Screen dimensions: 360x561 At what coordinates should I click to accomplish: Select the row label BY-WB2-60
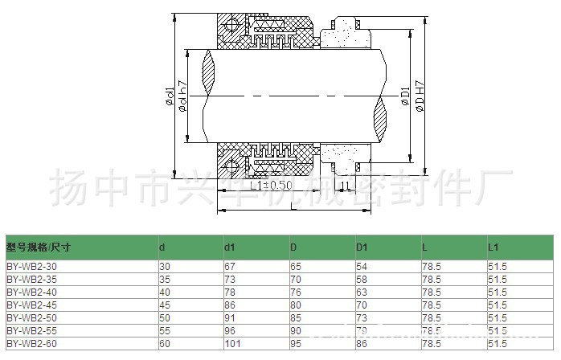[x=31, y=343]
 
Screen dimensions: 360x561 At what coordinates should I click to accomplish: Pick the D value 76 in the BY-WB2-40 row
[x=296, y=291]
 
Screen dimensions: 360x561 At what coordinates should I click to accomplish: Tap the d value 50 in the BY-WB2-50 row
[x=164, y=317]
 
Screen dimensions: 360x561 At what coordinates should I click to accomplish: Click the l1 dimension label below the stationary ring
[x=345, y=186]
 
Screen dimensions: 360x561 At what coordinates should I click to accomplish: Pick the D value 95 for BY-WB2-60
[x=296, y=343]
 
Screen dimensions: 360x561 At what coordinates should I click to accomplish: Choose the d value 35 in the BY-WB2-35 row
[x=164, y=278]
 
